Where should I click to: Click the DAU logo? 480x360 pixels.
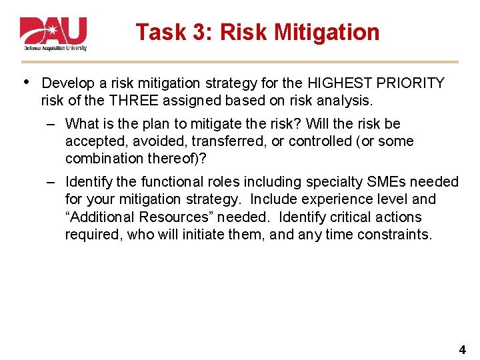(53, 31)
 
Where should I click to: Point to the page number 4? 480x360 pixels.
(463, 349)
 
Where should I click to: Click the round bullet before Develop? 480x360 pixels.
(25, 81)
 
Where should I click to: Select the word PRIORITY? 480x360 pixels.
(412, 83)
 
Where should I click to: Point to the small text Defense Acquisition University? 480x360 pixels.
(55, 49)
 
